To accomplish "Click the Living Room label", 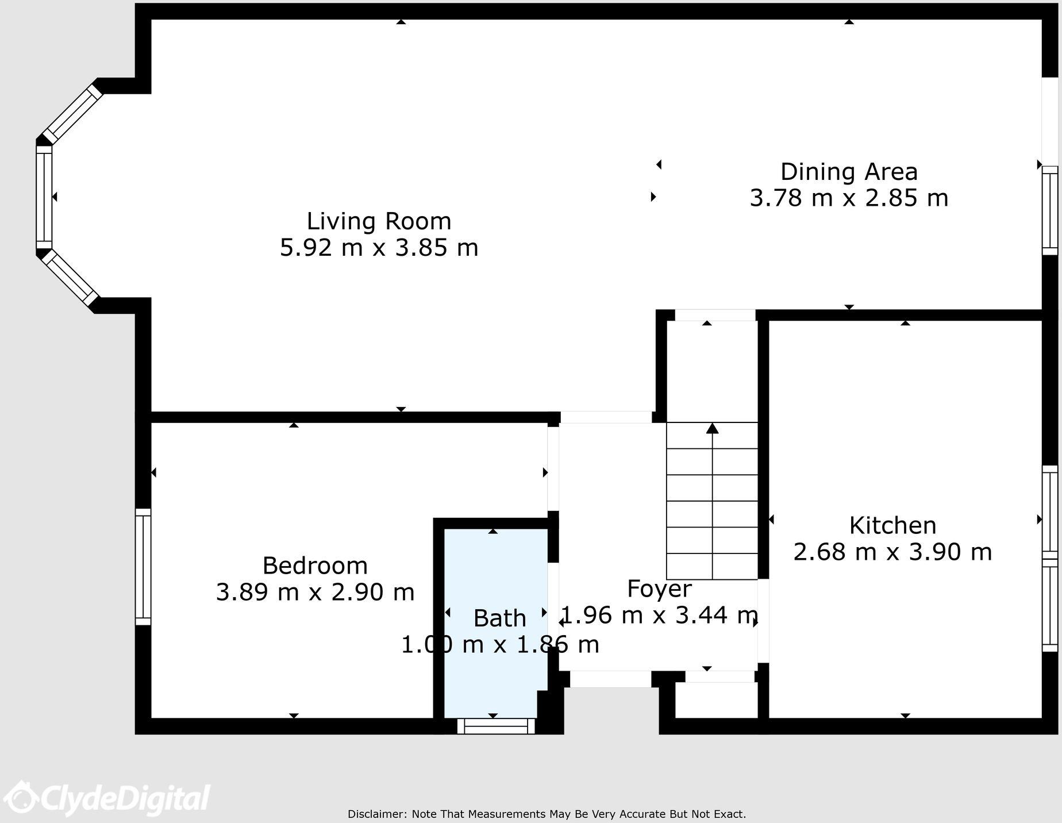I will point(379,221).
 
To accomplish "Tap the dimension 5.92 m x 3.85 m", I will point(379,248).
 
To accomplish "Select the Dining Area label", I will point(849,172).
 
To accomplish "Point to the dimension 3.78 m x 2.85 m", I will point(849,198).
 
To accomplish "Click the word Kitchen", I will point(892,525).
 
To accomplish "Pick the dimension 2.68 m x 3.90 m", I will point(892,552).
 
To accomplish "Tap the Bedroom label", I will point(315,566).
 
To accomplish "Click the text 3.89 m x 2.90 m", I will point(315,592).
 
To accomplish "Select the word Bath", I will point(499,618).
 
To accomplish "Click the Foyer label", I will point(659,589).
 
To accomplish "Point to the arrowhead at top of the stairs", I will point(713,428).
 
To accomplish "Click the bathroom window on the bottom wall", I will point(496,726).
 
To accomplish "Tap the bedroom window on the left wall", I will point(143,567).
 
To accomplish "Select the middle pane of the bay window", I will point(44,197).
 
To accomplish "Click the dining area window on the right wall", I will point(1049,210).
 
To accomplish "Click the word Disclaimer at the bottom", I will point(377,814).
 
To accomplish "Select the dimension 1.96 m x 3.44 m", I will point(659,616).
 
